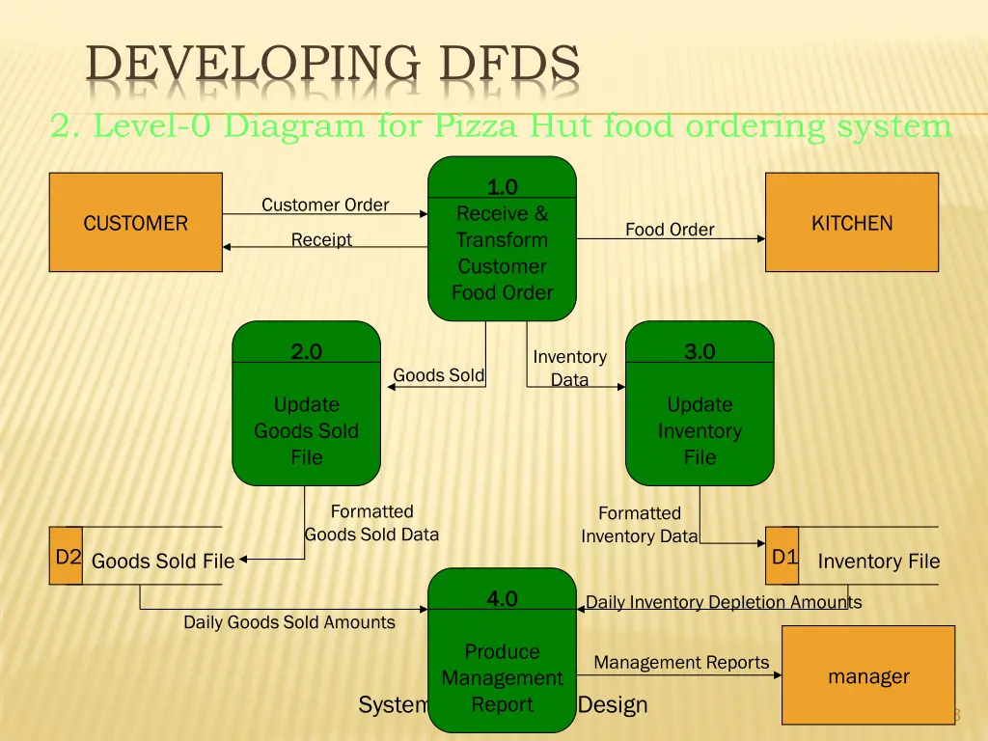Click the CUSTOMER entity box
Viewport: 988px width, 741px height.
(x=135, y=223)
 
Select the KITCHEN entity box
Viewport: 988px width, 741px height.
(x=851, y=223)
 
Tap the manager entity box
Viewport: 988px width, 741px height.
(x=867, y=675)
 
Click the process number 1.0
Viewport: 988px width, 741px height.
(x=502, y=187)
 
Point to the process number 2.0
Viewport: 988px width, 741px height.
(x=306, y=352)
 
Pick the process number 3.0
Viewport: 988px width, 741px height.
(x=700, y=351)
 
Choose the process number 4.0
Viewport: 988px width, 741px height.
(x=502, y=599)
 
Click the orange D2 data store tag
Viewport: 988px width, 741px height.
(x=67, y=557)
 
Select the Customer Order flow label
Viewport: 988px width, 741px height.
(x=325, y=205)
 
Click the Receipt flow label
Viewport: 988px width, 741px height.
(x=321, y=239)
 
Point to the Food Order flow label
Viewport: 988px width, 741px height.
(x=670, y=230)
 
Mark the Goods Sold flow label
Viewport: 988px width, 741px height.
(x=438, y=375)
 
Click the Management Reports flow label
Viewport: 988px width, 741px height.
(x=681, y=663)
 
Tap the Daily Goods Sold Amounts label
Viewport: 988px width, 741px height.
(x=289, y=622)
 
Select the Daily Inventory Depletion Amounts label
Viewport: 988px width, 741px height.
(x=724, y=602)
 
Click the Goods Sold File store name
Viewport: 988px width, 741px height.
(x=163, y=562)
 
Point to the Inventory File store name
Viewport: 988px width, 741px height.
(x=878, y=562)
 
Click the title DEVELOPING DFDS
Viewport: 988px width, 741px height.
(x=333, y=65)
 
